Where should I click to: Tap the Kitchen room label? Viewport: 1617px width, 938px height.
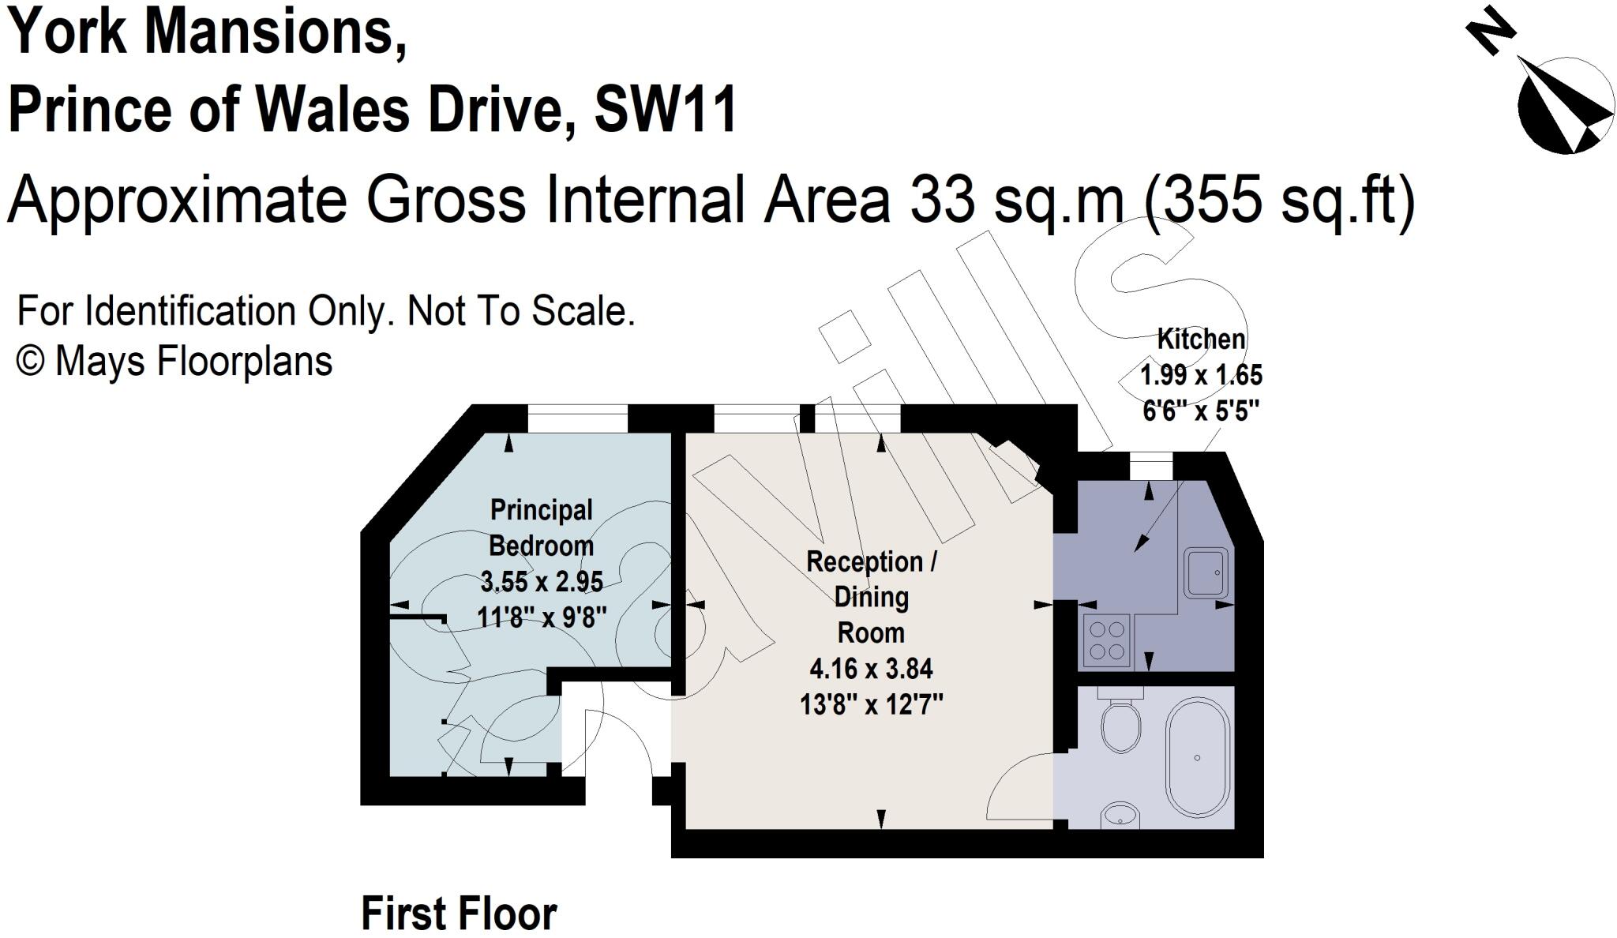[x=1201, y=340]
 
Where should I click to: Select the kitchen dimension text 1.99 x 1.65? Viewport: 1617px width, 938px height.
[x=1201, y=375]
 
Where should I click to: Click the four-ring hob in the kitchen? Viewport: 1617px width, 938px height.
[x=1106, y=640]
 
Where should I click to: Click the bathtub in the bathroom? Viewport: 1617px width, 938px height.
[x=1199, y=757]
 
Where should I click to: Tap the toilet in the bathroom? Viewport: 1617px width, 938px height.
[x=1120, y=725]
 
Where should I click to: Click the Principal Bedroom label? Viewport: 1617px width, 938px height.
[x=542, y=527]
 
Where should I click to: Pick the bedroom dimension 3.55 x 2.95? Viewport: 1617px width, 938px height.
[x=542, y=582]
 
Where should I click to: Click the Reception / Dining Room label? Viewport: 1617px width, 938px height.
[x=871, y=597]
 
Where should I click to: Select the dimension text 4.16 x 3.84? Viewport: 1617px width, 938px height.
[x=871, y=669]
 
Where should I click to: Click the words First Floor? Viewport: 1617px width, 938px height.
[x=459, y=914]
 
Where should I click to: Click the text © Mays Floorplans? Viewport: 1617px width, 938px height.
[x=174, y=362]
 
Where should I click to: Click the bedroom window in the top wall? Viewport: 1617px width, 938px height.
[x=577, y=418]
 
